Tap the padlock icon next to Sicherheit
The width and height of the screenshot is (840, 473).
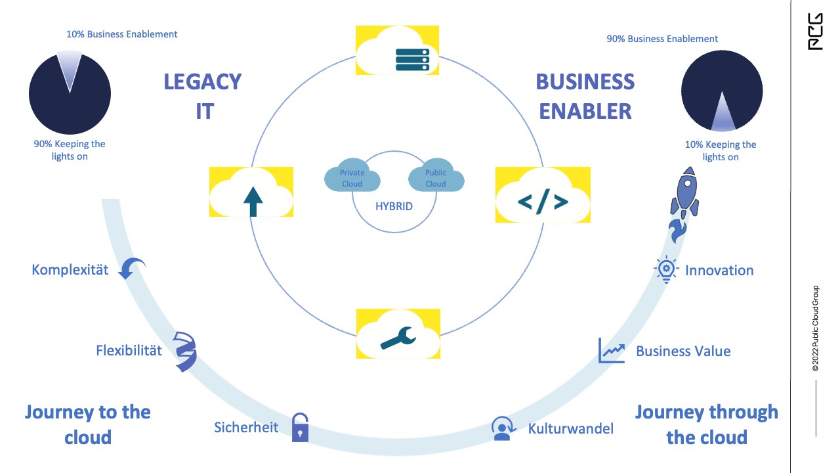(x=300, y=427)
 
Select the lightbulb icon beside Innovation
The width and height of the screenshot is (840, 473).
(x=666, y=270)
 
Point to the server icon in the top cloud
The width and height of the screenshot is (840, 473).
(x=411, y=58)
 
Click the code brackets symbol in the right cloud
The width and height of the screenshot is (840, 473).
(x=543, y=202)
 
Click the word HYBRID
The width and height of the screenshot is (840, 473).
(x=394, y=206)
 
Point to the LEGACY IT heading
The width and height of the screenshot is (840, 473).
(x=203, y=96)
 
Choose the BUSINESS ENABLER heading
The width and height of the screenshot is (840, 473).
(x=585, y=96)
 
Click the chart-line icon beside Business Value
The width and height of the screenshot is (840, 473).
(x=611, y=351)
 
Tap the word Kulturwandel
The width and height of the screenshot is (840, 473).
(x=570, y=429)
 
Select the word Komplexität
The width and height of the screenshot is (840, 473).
(x=70, y=270)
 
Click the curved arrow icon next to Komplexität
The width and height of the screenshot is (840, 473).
(x=132, y=268)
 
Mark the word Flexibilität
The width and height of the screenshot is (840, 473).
(x=129, y=350)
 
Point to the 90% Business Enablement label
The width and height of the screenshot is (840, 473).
(x=662, y=39)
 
